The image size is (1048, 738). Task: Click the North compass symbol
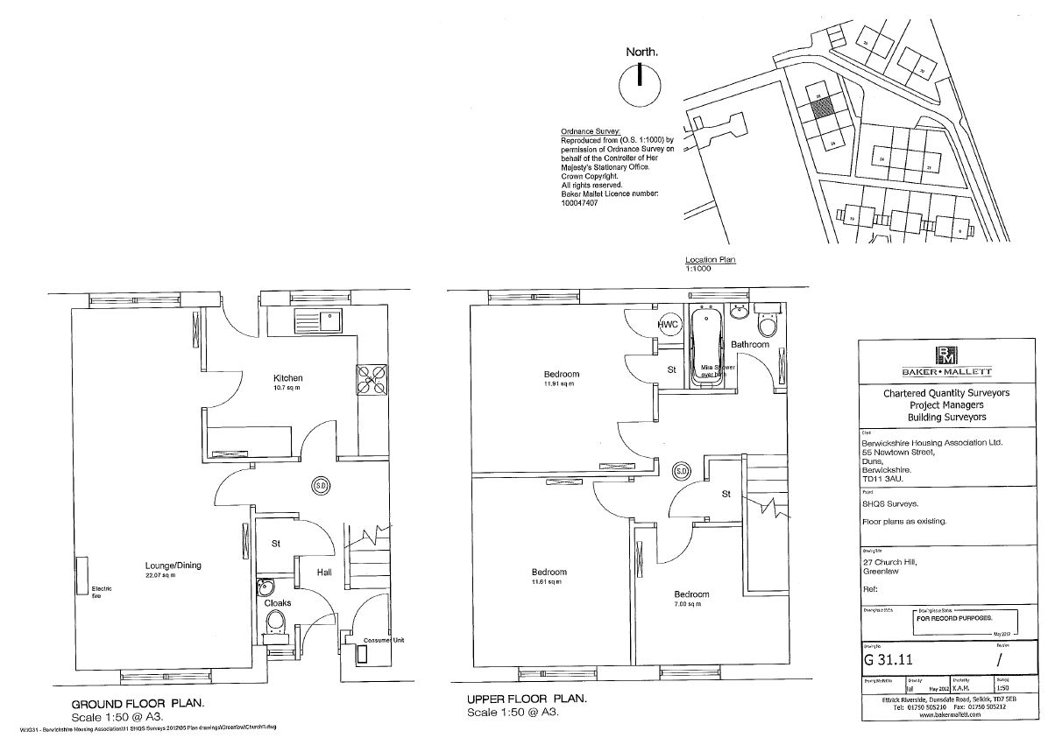tap(640, 85)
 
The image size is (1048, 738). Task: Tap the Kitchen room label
tap(287, 378)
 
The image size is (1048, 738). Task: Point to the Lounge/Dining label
tap(173, 566)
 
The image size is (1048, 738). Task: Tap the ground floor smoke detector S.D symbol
tap(320, 486)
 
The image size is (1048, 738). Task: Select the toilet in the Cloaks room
tap(274, 622)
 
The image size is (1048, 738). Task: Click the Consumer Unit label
tap(385, 641)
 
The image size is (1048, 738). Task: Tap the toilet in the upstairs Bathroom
tap(769, 323)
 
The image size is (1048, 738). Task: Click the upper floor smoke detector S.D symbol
tap(681, 472)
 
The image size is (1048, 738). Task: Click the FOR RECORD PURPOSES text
tap(950, 618)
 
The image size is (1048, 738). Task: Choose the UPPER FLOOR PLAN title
tap(525, 699)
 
